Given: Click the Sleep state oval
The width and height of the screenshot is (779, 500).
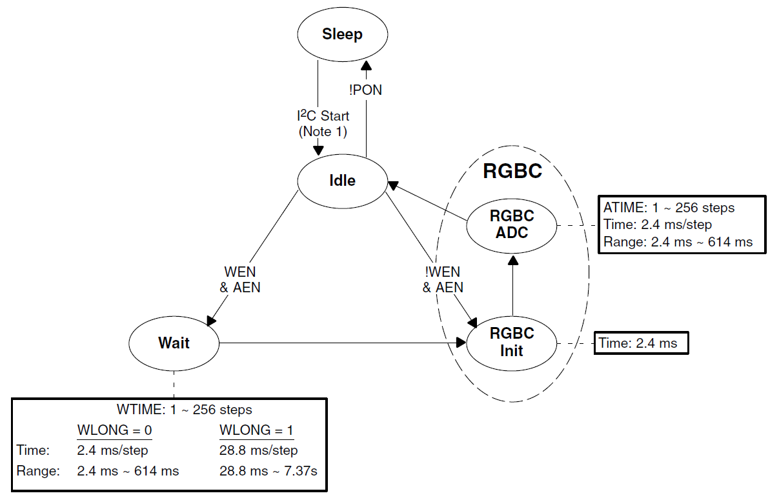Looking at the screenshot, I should click(x=342, y=35).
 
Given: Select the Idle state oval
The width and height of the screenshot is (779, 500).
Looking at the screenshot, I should click(x=342, y=181).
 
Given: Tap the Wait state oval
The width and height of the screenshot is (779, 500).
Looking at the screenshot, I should click(x=174, y=343).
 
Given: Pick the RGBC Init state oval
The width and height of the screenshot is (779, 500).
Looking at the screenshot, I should click(x=512, y=343).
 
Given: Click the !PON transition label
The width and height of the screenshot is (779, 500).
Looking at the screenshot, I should click(x=365, y=90).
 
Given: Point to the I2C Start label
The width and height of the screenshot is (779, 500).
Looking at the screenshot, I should click(x=319, y=117).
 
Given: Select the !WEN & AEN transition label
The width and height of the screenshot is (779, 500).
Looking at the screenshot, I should click(x=443, y=280).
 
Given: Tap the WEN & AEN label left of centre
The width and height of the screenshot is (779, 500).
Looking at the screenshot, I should click(x=240, y=280).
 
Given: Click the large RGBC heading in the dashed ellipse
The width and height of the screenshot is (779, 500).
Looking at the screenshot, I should click(x=513, y=172).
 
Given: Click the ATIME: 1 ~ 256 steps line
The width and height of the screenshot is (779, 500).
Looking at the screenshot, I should click(x=669, y=208).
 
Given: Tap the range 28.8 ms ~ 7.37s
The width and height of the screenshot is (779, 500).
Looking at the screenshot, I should click(x=268, y=472).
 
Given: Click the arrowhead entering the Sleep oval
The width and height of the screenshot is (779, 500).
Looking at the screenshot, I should click(x=366, y=65).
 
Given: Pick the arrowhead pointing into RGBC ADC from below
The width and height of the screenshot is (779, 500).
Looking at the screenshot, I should click(x=512, y=260).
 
